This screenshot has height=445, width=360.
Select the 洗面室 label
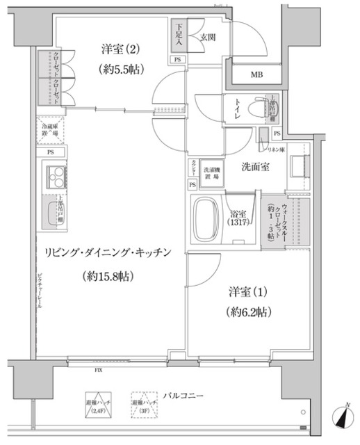tap(256, 167)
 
